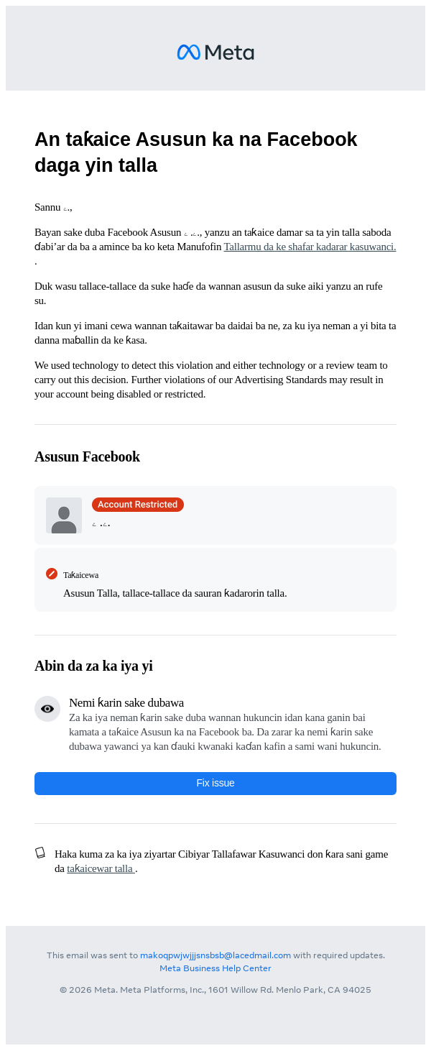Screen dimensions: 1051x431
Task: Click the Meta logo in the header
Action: (215, 52)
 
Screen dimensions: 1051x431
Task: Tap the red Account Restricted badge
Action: (137, 505)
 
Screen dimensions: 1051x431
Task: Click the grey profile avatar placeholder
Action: (64, 515)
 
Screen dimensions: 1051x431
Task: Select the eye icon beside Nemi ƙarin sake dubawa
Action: (47, 709)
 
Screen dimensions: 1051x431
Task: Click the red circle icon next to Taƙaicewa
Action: (52, 574)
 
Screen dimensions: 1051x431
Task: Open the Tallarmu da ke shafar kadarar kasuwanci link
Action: (310, 247)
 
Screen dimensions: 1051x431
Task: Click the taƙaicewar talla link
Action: (100, 868)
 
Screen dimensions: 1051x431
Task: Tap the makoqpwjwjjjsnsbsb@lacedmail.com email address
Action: (215, 955)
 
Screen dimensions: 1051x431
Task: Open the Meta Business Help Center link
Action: (215, 968)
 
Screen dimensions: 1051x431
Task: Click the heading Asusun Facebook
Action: (87, 456)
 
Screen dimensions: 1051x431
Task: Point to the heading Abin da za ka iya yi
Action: (93, 666)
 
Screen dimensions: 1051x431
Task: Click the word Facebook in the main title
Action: (312, 139)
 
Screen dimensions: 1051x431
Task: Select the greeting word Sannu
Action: (47, 207)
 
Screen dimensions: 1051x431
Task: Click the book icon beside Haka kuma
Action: (40, 853)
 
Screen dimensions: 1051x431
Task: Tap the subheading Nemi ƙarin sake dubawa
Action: (126, 702)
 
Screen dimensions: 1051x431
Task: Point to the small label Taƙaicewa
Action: (80, 575)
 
